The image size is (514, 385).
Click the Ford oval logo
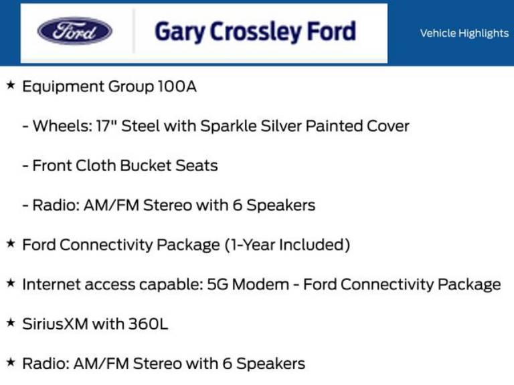(x=74, y=31)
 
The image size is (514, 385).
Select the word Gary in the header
(x=179, y=31)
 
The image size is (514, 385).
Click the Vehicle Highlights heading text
(x=464, y=33)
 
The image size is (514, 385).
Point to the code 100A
(x=177, y=86)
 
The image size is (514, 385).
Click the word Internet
(x=51, y=284)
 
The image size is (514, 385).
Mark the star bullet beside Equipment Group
(x=10, y=86)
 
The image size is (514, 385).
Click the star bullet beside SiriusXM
(x=10, y=323)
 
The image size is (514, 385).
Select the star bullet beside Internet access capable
(x=10, y=283)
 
